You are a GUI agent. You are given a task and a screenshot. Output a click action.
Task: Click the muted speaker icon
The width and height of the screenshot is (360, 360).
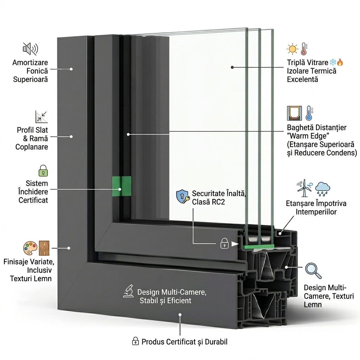tap(30, 49)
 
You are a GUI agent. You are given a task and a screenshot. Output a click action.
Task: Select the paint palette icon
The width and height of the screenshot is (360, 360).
tap(30, 248)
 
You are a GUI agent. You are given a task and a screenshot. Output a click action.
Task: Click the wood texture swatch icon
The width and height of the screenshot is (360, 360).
tap(44, 248)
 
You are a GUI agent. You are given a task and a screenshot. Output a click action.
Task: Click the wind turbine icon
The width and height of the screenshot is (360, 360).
tap(304, 188)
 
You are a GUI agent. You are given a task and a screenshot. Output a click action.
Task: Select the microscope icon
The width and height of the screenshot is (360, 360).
tap(129, 291)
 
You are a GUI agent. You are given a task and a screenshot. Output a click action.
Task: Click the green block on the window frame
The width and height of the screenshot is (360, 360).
tap(121, 186)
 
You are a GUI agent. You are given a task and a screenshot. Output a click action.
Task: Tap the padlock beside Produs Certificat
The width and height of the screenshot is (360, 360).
tap(135, 341)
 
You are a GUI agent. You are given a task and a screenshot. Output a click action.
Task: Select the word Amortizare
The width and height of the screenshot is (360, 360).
tap(30, 63)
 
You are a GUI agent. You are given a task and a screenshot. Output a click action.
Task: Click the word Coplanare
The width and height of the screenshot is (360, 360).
tap(32, 147)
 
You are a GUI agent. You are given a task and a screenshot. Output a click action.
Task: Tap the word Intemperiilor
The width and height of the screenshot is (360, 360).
tap(316, 212)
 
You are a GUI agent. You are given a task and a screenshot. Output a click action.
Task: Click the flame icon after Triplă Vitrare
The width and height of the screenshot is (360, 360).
tap(340, 63)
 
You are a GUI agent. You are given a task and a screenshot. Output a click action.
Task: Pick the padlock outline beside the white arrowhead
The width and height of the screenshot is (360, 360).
tap(224, 243)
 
